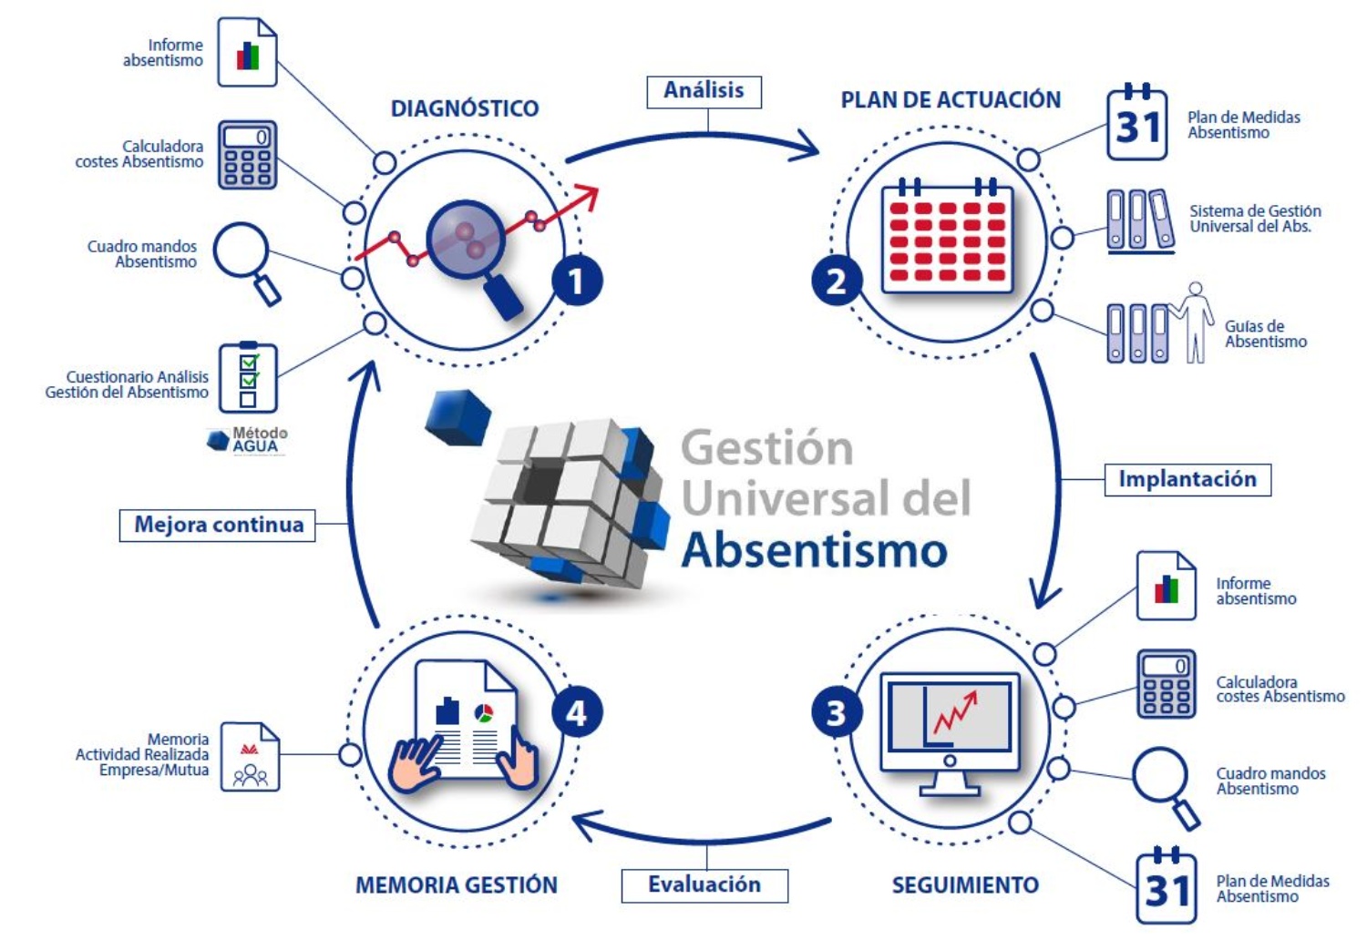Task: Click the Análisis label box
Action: point(704,91)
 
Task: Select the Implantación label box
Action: point(1187,479)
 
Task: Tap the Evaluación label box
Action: point(704,884)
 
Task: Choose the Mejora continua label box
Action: point(218,525)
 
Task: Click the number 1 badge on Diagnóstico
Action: point(577,281)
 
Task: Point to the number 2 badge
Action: point(836,281)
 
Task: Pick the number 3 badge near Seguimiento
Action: point(836,712)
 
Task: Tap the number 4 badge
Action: point(577,712)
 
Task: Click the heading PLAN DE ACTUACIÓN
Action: point(951,100)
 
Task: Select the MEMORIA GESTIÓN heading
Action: point(457,885)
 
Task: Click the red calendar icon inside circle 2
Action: point(948,239)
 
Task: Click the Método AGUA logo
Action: point(248,440)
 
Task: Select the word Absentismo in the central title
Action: point(815,550)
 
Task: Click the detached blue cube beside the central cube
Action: point(457,416)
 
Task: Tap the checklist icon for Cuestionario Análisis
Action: point(248,377)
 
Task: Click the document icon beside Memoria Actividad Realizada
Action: point(250,757)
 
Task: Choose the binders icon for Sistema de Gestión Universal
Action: point(1139,220)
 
